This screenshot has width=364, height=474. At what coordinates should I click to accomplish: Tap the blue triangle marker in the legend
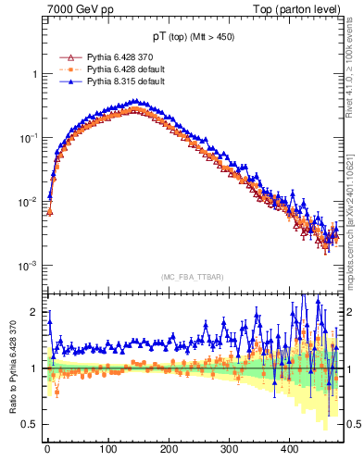pyautogui.click(x=64, y=81)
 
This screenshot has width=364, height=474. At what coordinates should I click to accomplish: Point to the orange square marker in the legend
pyautogui.click(x=64, y=69)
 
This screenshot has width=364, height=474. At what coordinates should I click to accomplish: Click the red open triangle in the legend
pyautogui.click(x=64, y=57)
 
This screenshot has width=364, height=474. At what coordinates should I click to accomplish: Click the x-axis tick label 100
pyautogui.click(x=108, y=449)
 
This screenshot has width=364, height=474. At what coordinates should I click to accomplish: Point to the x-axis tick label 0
pyautogui.click(x=47, y=449)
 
